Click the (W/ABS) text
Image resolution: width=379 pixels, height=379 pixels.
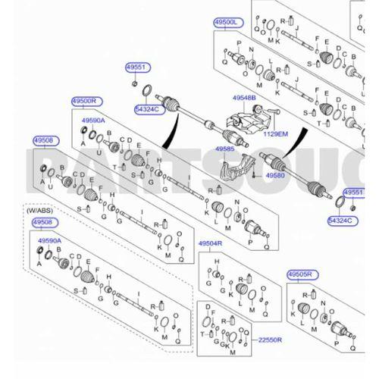click(x=42, y=211)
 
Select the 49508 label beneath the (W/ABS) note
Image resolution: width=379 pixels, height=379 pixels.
click(x=45, y=222)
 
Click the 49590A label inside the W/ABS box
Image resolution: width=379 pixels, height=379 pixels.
click(x=49, y=240)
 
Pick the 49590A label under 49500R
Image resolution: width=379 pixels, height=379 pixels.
click(x=93, y=121)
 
